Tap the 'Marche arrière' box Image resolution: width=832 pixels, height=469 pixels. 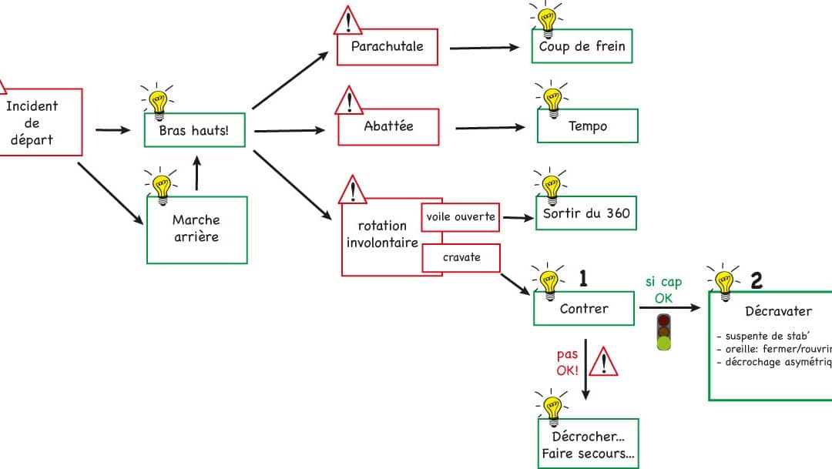(196, 229)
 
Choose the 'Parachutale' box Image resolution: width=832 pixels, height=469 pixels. (387, 47)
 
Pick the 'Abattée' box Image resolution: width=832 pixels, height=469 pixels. (390, 126)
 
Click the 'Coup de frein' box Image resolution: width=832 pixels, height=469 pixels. (582, 47)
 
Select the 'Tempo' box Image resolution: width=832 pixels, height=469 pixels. (587, 126)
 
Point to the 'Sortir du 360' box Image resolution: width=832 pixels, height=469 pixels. (586, 213)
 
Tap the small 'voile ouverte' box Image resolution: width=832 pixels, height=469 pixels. (461, 217)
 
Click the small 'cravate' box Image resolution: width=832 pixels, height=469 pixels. (461, 257)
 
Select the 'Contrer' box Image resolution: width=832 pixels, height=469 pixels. (584, 309)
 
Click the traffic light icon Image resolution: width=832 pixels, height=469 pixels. (663, 331)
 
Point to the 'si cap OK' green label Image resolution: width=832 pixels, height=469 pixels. (663, 290)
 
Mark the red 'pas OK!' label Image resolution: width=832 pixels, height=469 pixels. (568, 363)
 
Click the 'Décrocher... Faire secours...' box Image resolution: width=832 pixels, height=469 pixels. (588, 445)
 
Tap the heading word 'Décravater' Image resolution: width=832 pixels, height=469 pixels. (779, 312)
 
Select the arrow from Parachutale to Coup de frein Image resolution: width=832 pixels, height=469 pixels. (485, 48)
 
